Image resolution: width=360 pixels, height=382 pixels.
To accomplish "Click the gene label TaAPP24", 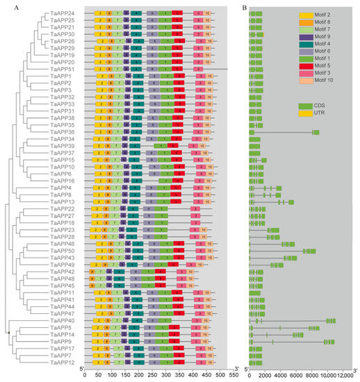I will (x=60, y=13).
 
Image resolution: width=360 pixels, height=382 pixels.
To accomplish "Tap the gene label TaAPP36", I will (x=60, y=132).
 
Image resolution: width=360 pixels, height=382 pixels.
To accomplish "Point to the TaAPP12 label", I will (x=60, y=363).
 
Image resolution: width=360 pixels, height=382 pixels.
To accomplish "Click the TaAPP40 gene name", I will (x=60, y=320).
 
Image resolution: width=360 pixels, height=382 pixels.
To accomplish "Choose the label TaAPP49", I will (x=60, y=265).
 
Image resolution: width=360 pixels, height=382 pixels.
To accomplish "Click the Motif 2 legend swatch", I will (x=306, y=15).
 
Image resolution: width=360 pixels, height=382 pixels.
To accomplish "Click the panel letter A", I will (x=6, y=7).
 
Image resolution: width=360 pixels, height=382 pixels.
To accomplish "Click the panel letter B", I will (x=243, y=7).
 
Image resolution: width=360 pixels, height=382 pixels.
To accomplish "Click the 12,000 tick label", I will (x=344, y=375).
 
